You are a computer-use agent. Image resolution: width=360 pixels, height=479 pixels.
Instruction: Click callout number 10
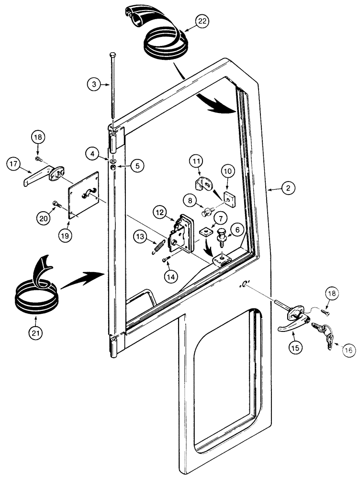click(x=227, y=171)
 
